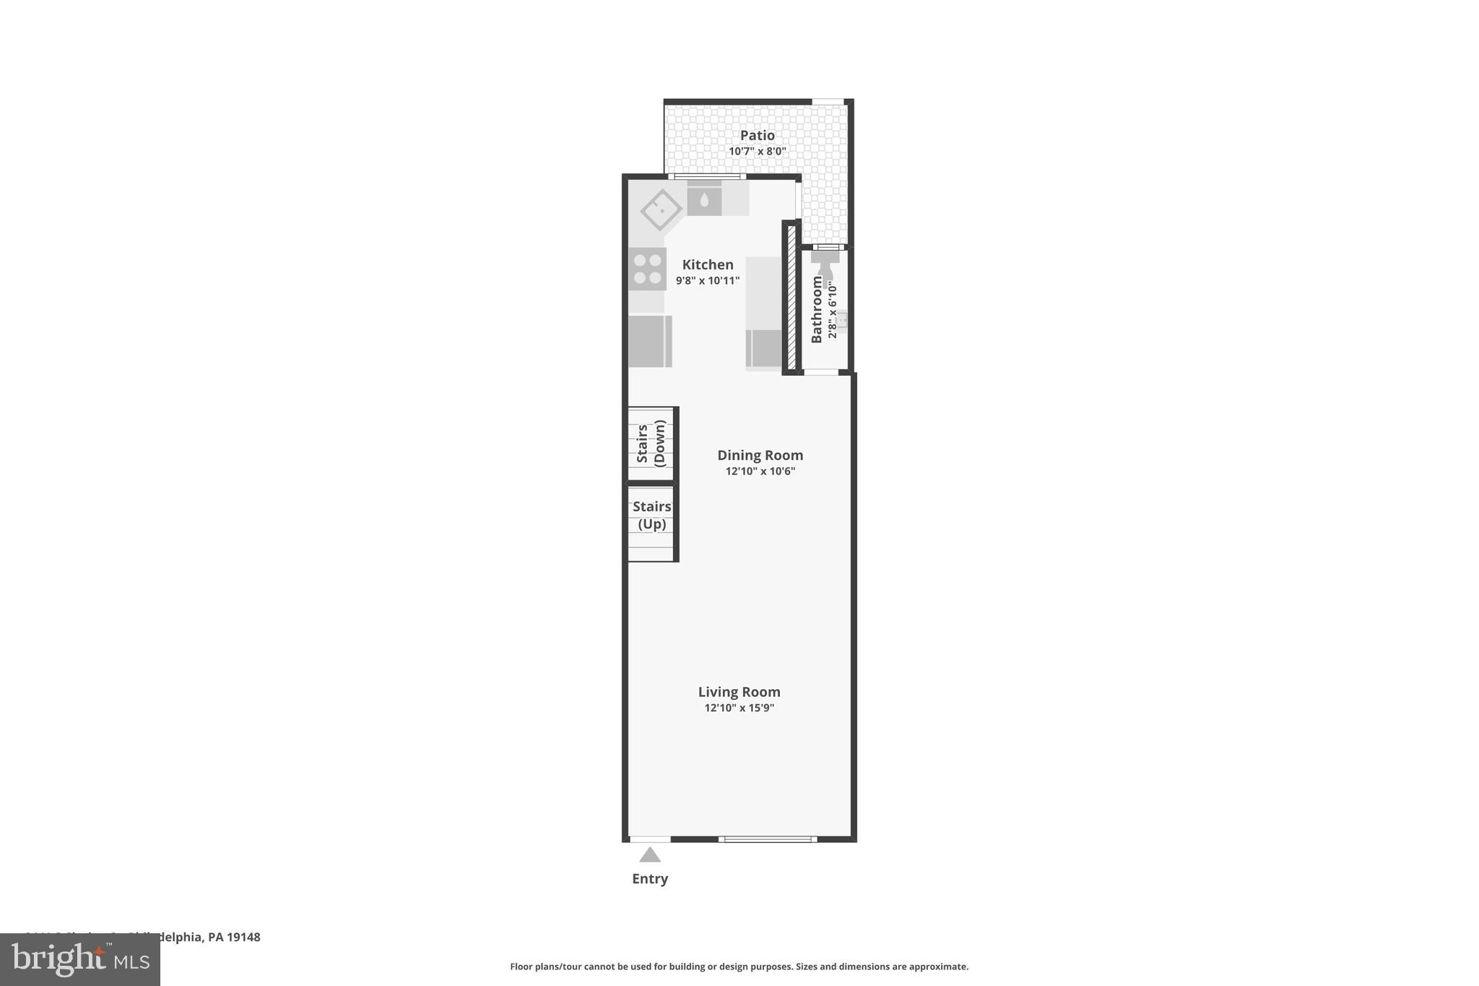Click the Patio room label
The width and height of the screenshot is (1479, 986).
click(757, 135)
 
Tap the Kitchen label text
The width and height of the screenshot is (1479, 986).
click(707, 264)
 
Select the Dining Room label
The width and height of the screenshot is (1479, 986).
click(760, 455)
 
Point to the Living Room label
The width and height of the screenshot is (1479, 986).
click(739, 692)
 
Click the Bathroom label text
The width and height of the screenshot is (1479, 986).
click(817, 309)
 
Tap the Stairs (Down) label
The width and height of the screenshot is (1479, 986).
click(651, 444)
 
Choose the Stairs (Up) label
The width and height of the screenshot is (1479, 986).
click(651, 515)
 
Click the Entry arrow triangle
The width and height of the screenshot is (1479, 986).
click(650, 855)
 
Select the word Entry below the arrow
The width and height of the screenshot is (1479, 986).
click(650, 879)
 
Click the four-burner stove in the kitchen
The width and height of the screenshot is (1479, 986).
click(647, 269)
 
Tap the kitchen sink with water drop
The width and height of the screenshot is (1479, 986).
click(704, 199)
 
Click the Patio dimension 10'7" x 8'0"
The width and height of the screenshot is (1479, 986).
click(757, 152)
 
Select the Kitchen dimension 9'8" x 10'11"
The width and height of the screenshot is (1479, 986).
click(707, 281)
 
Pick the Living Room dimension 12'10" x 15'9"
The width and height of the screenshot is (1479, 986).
click(739, 709)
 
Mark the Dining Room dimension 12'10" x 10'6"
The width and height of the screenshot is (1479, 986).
click(760, 472)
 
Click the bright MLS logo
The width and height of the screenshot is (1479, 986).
click(80, 959)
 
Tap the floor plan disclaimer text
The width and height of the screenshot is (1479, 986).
click(739, 966)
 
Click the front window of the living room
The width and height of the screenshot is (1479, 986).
click(768, 839)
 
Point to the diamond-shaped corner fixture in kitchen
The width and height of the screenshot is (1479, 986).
click(661, 209)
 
